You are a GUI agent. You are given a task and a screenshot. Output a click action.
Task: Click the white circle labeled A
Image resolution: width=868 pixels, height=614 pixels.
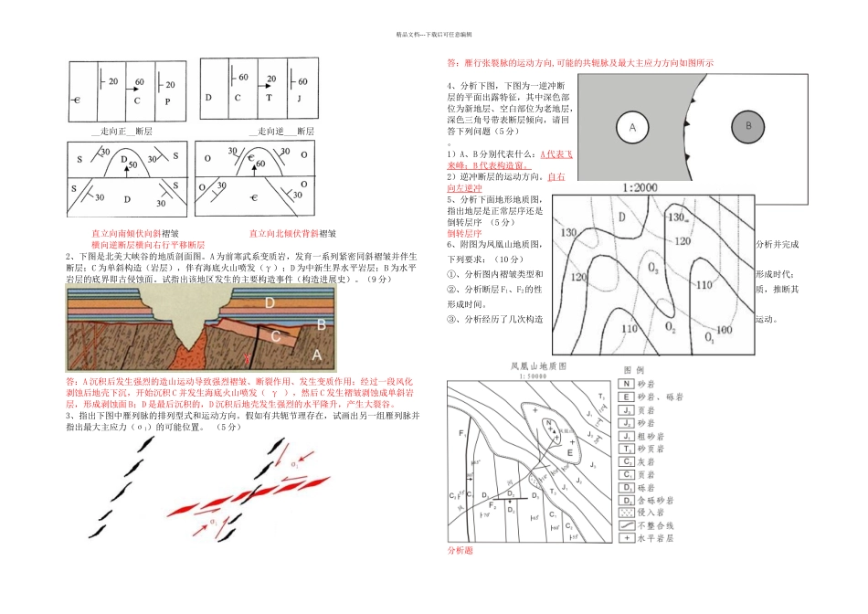[x=630, y=128]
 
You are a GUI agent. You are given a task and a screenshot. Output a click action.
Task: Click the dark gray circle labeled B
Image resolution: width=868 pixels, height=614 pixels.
[x=747, y=125]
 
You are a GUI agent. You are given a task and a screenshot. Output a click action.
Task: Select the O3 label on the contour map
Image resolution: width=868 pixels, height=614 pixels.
[x=652, y=269]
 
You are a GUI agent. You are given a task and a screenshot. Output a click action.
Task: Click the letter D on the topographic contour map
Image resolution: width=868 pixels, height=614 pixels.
[x=621, y=217]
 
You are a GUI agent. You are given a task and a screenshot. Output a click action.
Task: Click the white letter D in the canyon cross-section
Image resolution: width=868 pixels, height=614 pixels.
[x=270, y=302]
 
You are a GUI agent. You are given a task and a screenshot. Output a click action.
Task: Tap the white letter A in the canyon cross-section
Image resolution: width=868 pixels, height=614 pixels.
[x=316, y=354]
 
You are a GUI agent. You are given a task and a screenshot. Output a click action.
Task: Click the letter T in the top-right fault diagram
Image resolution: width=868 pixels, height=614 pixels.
[x=269, y=97]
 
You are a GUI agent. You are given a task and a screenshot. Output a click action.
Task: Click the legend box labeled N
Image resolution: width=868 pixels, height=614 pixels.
[x=626, y=385]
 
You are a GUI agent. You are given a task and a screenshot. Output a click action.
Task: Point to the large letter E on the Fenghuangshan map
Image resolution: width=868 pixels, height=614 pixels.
[x=570, y=451]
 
